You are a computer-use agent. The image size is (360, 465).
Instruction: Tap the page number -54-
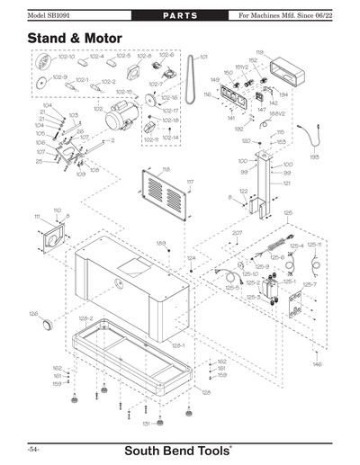(32, 447)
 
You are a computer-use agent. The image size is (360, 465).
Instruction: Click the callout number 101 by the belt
(202, 57)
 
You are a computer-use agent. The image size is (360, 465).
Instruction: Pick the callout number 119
(259, 53)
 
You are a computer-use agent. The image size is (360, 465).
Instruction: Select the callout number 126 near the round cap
(32, 314)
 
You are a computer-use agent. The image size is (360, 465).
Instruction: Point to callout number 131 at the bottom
(146, 423)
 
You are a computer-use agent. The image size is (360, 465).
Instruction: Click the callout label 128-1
(177, 345)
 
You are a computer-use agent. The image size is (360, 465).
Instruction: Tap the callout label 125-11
(314, 244)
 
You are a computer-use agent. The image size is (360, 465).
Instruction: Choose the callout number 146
(317, 364)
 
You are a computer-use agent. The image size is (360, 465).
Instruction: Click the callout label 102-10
(67, 57)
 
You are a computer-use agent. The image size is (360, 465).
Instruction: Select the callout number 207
(237, 233)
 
